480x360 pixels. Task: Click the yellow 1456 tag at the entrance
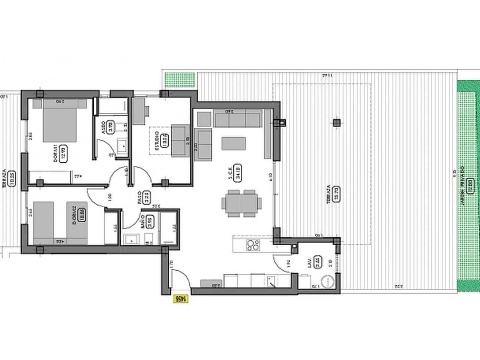[180, 299]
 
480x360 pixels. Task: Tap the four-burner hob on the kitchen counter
[253, 245]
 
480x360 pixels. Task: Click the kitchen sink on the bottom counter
[271, 281]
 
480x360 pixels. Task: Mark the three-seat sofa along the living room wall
[237, 119]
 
